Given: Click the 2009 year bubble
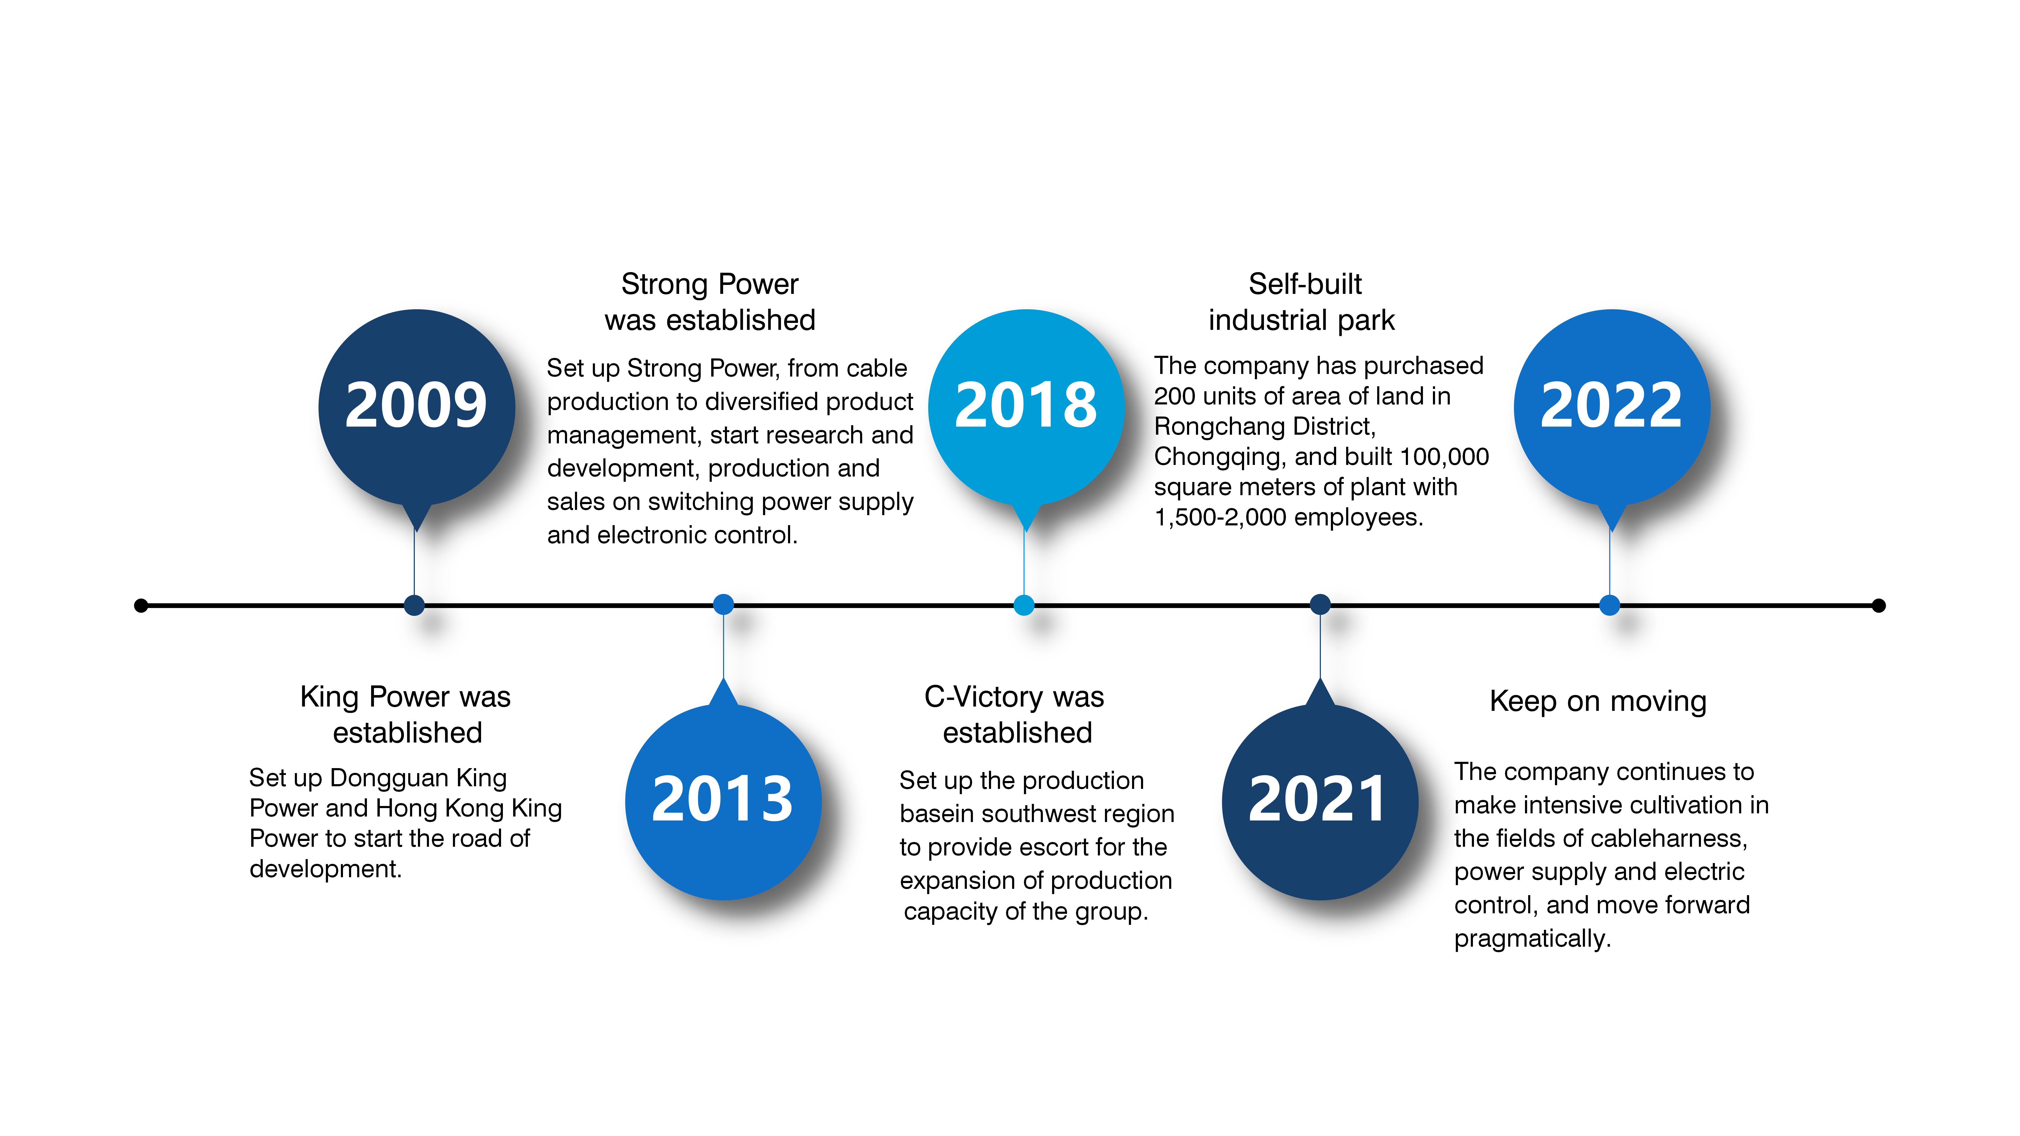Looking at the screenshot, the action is click(x=416, y=408).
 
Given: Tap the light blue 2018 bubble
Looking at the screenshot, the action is click(x=1026, y=408).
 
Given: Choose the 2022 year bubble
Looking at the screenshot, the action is click(x=1612, y=408).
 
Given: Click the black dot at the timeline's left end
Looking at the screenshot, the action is click(x=141, y=605).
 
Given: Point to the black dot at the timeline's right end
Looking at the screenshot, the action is click(x=1878, y=605).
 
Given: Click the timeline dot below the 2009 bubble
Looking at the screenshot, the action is click(x=414, y=605).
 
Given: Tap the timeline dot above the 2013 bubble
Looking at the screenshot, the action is click(x=723, y=605).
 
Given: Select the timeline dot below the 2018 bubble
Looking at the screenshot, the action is click(x=1024, y=605).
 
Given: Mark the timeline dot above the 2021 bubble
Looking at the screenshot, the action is click(x=1320, y=605).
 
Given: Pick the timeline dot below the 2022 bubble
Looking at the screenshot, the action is click(x=1609, y=605).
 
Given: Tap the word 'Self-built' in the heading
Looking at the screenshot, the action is click(x=1305, y=284).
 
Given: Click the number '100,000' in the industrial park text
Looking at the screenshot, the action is click(x=1445, y=457).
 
